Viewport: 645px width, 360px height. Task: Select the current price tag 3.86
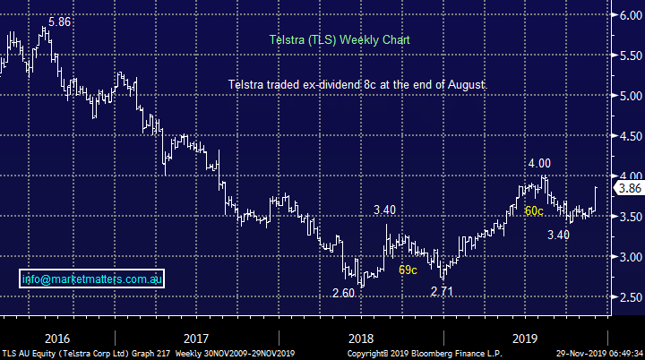coord(628,188)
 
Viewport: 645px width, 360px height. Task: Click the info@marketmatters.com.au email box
coord(90,279)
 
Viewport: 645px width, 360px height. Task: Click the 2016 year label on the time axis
coord(56,339)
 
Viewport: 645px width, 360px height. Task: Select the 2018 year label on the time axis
coord(359,339)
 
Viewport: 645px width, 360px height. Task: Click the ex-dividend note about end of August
coord(356,84)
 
